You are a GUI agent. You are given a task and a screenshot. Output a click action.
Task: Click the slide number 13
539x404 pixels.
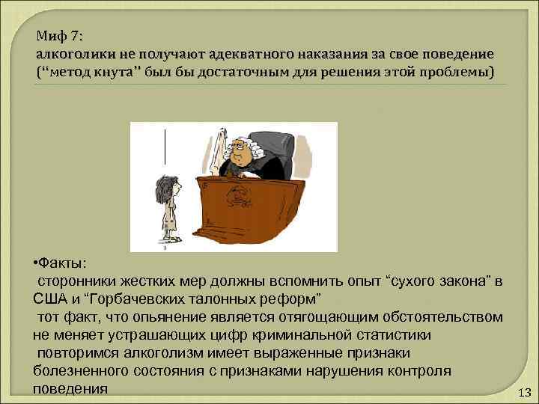point(523,393)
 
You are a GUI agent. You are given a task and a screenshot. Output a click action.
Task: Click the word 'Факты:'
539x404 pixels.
point(64,263)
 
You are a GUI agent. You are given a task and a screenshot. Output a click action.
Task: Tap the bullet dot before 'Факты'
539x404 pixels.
point(37,263)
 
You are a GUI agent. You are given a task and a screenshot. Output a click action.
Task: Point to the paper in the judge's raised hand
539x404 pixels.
point(222,138)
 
